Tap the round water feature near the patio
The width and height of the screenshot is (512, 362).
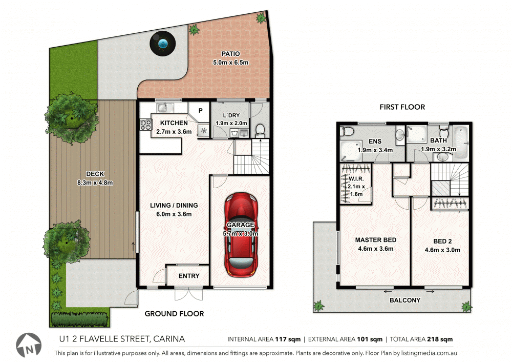coord(163,43)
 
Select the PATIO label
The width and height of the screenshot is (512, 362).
coord(230,53)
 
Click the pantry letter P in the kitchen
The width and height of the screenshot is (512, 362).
coord(200,110)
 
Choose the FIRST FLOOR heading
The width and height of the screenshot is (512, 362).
coord(402,107)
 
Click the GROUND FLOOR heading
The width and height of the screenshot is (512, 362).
coord(174,314)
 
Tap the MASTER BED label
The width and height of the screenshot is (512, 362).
coord(375,240)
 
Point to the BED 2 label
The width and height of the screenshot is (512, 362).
coord(439,240)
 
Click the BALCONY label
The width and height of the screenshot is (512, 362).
coord(406,300)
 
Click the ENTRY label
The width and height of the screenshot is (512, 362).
coord(189,276)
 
